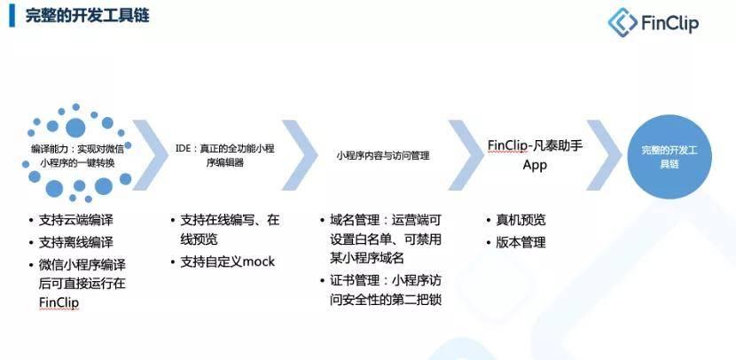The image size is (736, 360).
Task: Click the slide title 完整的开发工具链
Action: pos(87,16)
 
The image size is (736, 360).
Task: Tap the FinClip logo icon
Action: pos(622,22)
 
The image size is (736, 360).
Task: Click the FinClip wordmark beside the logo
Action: pos(670,23)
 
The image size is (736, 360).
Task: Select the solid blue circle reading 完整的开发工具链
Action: pos(669,157)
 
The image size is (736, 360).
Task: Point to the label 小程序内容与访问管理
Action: pos(382,155)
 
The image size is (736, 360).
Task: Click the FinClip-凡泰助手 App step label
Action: pos(535,155)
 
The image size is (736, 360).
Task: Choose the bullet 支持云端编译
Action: pos(75,220)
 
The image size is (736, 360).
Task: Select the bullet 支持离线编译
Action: pos(75,242)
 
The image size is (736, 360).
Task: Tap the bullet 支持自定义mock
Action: pos(228,262)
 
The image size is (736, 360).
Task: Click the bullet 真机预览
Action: pos(521,220)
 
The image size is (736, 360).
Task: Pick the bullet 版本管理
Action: pos(521,242)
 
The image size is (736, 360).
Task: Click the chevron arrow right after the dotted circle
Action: pos(150,155)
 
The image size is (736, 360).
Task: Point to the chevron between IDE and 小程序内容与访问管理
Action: pos(300,155)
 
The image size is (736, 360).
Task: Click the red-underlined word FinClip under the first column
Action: pos(59,302)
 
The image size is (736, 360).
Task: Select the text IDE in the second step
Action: pos(183,148)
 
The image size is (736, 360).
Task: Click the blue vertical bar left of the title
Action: pos(12,16)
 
